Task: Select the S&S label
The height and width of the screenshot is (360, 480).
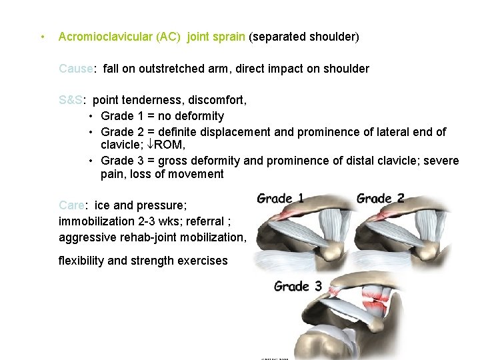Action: (x=71, y=101)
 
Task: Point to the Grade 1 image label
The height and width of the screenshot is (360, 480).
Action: (x=280, y=198)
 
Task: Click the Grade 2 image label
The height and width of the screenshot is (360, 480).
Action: (x=380, y=198)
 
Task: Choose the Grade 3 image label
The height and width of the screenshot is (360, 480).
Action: (x=298, y=287)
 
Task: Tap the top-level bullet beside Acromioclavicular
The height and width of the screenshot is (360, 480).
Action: (x=42, y=37)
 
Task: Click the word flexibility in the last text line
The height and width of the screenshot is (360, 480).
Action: (x=81, y=261)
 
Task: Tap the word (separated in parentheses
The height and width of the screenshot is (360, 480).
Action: (x=277, y=37)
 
